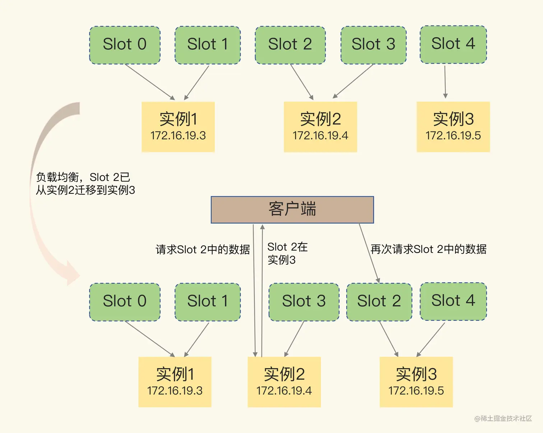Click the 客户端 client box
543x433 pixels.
pyautogui.click(x=292, y=210)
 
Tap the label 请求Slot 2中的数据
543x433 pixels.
pyautogui.click(x=203, y=249)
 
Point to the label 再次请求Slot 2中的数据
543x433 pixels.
pyautogui.click(x=428, y=249)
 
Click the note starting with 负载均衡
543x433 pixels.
pyautogui.click(x=85, y=183)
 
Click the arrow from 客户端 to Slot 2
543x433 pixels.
pyautogui.click(x=369, y=253)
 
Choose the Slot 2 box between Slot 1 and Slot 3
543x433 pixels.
pyautogui.click(x=290, y=45)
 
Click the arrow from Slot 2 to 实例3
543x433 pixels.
pyautogui.click(x=389, y=338)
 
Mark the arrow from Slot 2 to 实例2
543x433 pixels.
pyautogui.click(x=302, y=82)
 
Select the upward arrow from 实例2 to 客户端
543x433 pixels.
pyautogui.click(x=262, y=291)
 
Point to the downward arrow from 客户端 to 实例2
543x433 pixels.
pyautogui.click(x=254, y=291)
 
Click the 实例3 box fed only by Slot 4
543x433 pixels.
pyautogui.click(x=453, y=127)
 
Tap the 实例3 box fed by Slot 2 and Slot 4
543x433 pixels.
pyautogui.click(x=416, y=382)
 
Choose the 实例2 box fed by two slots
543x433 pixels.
pyautogui.click(x=320, y=127)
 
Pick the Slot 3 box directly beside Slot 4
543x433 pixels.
pyautogui.click(x=373, y=45)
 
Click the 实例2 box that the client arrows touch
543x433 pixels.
pyautogui.click(x=284, y=382)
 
